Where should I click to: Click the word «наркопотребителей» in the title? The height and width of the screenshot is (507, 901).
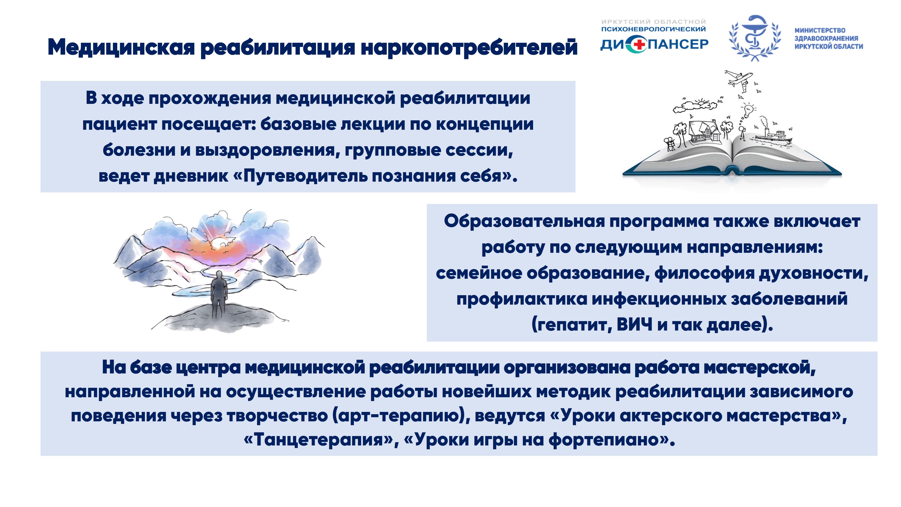(x=469, y=48)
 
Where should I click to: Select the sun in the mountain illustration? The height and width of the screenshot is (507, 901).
(x=219, y=242)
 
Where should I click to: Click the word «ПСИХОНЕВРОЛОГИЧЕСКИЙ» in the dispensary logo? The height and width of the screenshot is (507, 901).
(x=653, y=29)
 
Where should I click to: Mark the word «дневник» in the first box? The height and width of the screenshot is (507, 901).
(x=191, y=176)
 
